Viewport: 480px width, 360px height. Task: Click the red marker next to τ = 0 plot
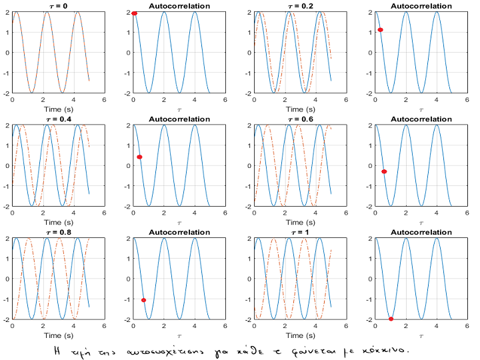135,13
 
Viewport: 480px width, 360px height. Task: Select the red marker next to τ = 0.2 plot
381,30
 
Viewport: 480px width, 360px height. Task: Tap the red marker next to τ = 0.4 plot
139,157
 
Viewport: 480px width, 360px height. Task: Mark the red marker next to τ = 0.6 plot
384,172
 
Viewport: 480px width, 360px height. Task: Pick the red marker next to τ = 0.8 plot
144,300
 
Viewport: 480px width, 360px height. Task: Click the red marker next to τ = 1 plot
391,319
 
